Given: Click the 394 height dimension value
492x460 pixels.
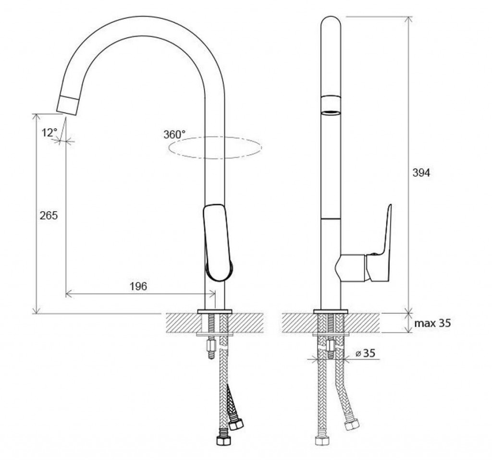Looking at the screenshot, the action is [x=421, y=173].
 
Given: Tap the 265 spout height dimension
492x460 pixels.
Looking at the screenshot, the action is [x=49, y=216].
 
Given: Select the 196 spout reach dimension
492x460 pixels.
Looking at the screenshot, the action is [x=138, y=286].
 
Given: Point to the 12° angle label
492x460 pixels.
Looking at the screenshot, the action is [x=49, y=133].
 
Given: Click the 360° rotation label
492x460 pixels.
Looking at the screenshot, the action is [x=174, y=134].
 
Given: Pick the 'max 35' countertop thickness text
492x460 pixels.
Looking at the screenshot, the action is [x=432, y=323].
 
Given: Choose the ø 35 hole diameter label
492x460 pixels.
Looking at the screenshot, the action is [x=366, y=353].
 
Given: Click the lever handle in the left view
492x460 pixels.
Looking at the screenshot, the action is [x=218, y=242].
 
